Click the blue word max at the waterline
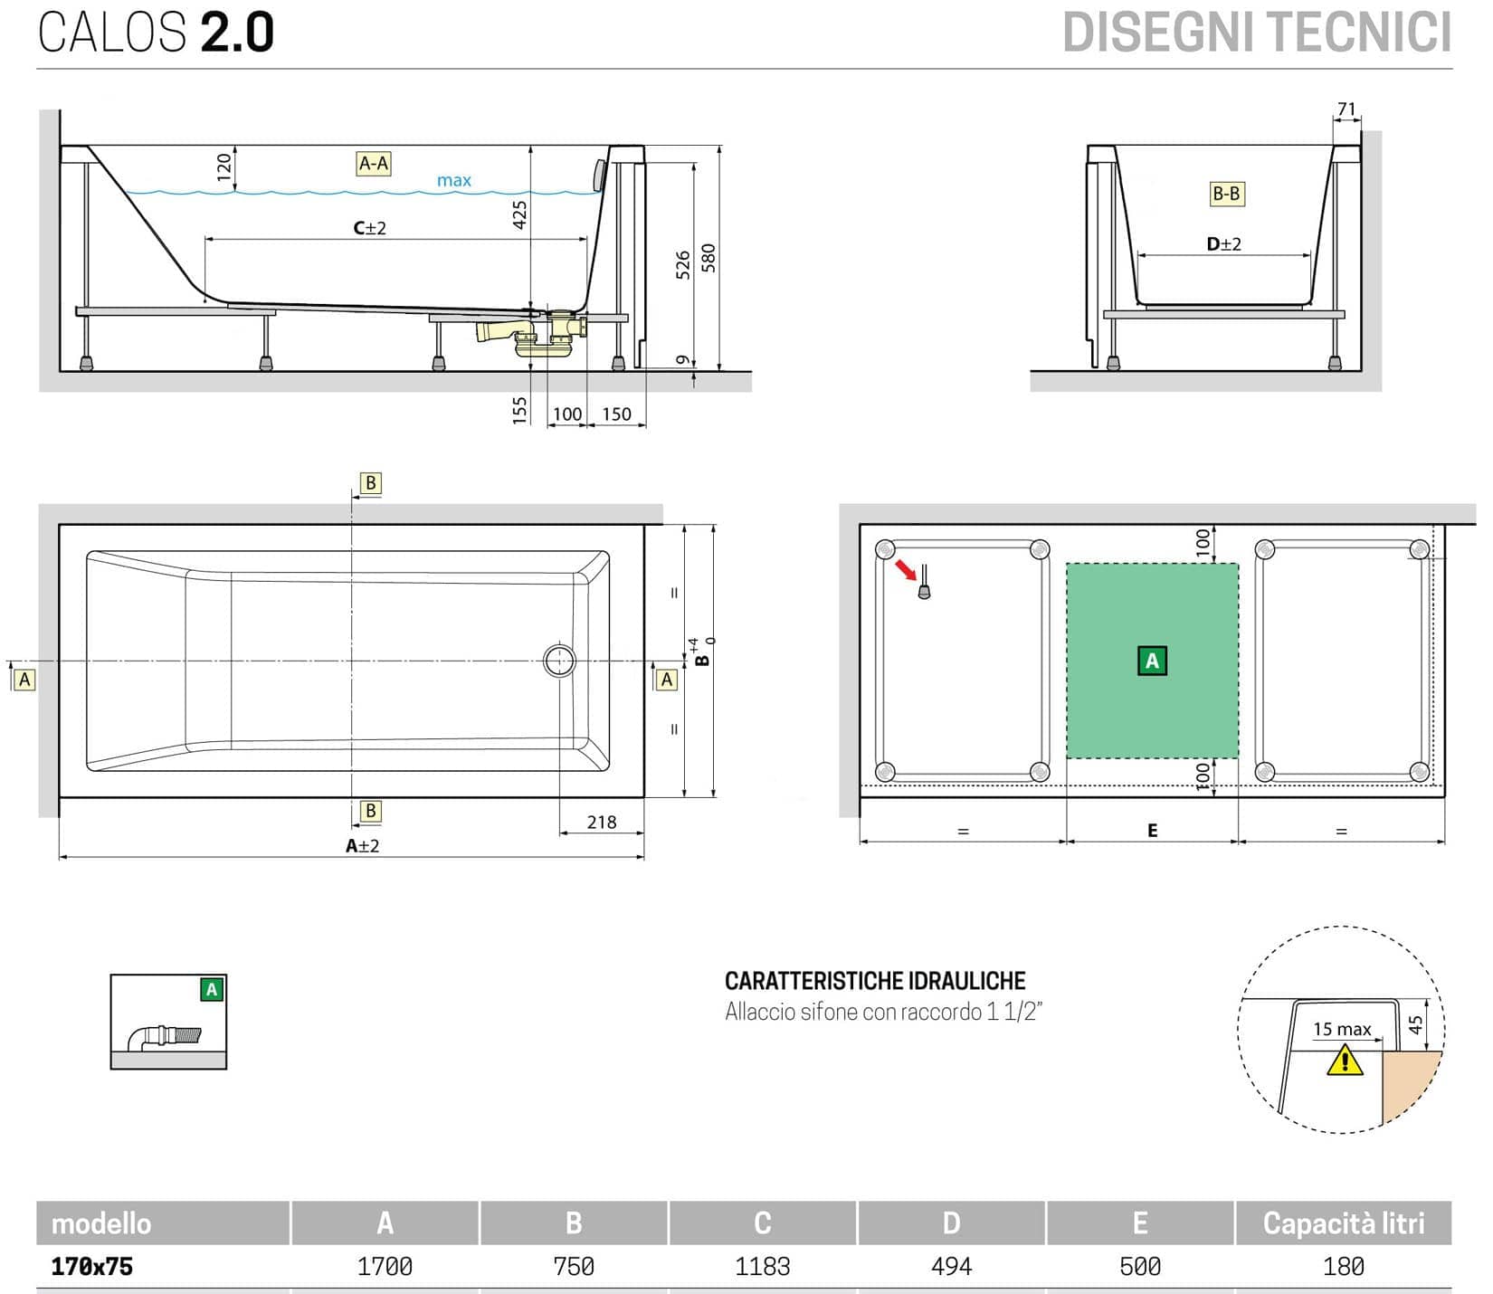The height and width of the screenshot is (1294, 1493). click(453, 181)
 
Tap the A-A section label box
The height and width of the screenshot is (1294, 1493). click(374, 164)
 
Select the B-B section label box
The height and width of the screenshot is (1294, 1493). click(1226, 194)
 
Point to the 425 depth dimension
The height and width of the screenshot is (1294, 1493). click(519, 214)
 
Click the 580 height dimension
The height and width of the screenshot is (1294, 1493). click(708, 258)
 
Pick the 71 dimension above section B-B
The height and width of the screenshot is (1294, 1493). click(1346, 109)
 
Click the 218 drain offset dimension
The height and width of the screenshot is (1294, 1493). click(601, 823)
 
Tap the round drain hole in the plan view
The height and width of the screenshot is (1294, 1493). click(559, 661)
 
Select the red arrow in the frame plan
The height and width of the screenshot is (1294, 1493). click(904, 570)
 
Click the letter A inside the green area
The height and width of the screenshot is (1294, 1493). click(1151, 661)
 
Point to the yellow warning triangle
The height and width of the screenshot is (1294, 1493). click(1345, 1060)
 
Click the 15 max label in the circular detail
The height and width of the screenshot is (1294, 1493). click(1342, 1030)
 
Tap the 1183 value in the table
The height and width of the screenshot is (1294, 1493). click(762, 1267)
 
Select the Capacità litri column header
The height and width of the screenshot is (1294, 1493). click(1343, 1223)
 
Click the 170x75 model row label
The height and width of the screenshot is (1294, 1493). click(92, 1267)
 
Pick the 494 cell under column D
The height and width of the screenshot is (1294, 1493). click(951, 1267)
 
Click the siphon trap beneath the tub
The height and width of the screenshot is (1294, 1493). click(534, 339)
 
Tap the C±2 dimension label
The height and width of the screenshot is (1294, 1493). click(369, 228)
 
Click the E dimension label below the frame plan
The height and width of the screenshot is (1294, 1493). click(1152, 831)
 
